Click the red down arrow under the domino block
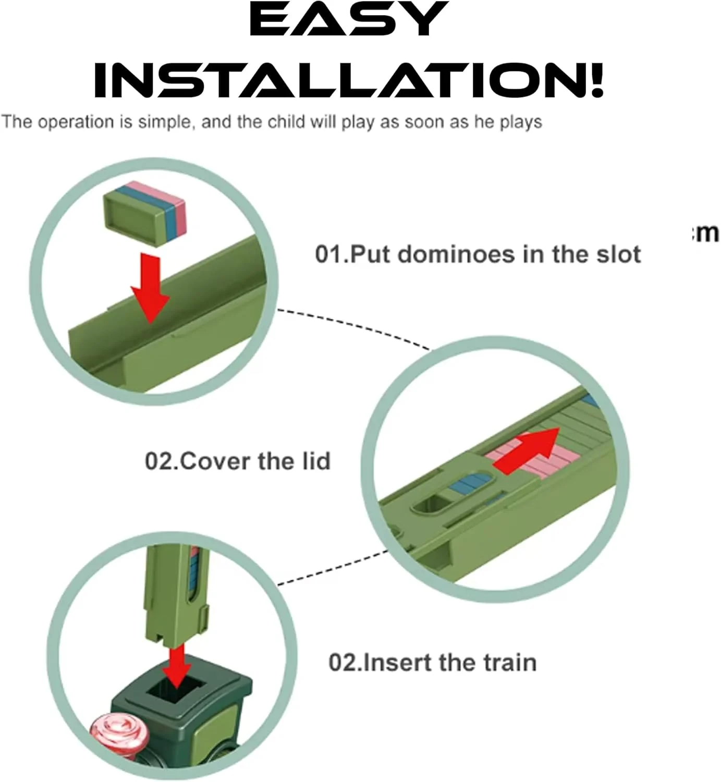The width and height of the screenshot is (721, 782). point(151,288)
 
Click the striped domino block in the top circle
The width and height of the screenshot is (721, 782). point(144,213)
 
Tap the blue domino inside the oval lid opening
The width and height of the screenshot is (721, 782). point(471,483)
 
